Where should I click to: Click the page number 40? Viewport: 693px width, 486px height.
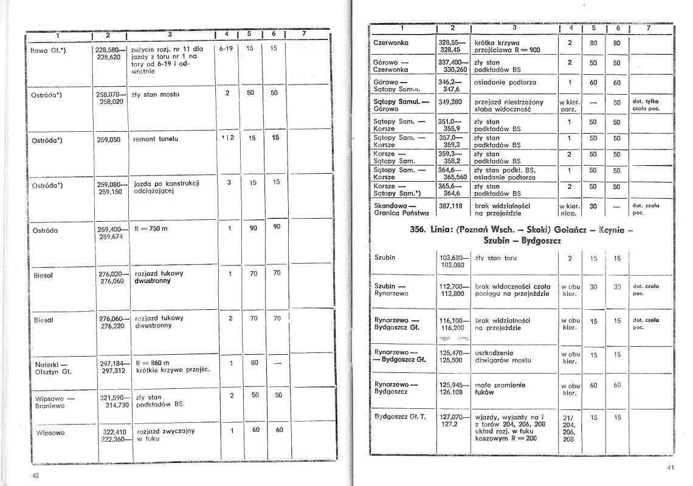pos(35,476)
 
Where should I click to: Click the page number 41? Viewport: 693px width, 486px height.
pos(671,467)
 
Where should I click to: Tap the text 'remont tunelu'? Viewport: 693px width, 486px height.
pos(156,139)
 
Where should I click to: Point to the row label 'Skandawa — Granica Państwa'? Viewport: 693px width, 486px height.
pos(402,210)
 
